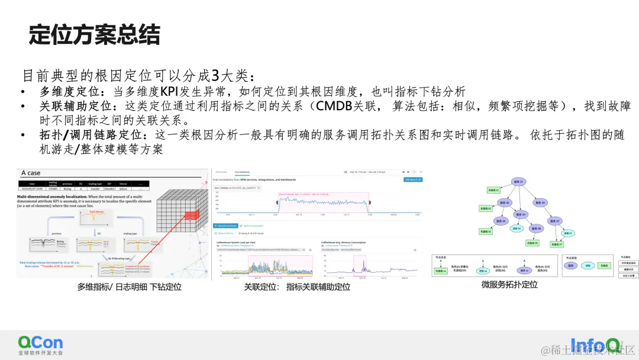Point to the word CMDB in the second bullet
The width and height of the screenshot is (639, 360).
click(335, 107)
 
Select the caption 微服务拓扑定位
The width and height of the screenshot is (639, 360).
click(509, 285)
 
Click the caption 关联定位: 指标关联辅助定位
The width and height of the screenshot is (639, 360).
click(298, 287)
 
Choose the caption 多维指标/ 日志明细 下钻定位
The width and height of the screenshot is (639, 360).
click(129, 287)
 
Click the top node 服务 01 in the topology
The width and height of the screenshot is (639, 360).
click(519, 182)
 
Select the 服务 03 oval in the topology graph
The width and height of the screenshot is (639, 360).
click(540, 202)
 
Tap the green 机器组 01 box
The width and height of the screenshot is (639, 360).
click(493, 190)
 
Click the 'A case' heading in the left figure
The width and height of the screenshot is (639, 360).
click(31, 173)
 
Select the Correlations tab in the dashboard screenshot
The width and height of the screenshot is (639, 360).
click(243, 172)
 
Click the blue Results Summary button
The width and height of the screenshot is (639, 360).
click(226, 226)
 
